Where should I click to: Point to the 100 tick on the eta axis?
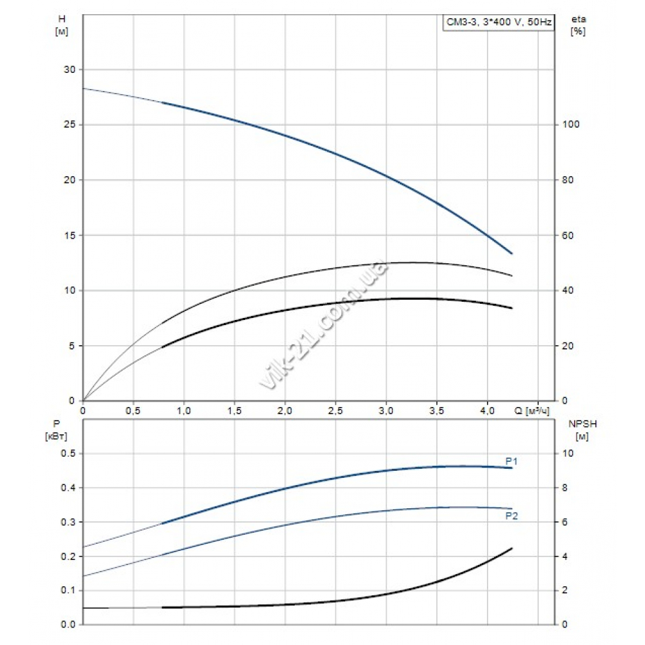tap(569, 124)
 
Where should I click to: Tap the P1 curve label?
tap(512, 461)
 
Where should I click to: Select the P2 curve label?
tap(512, 516)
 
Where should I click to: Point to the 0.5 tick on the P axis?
tap(68, 453)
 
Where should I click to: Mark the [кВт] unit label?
tap(57, 437)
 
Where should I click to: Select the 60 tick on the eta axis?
tap(566, 235)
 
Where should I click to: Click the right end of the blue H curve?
tap(511, 253)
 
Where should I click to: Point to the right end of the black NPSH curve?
tap(511, 548)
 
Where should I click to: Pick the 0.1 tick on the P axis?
tap(68, 590)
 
